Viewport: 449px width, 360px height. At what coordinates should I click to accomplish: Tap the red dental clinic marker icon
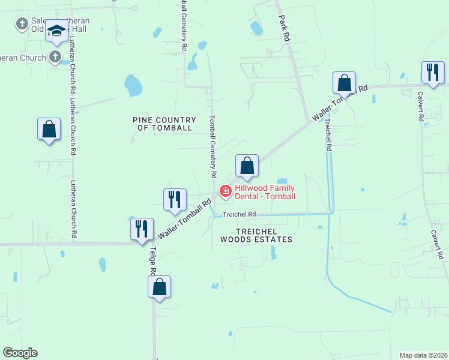point(226,191)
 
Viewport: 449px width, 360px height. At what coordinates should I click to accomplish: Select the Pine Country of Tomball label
point(162,124)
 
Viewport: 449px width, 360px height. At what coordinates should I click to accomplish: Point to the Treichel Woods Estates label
point(256,235)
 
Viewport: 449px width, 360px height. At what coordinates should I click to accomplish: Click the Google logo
point(20,353)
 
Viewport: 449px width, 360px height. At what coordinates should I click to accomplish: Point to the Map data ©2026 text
point(424,355)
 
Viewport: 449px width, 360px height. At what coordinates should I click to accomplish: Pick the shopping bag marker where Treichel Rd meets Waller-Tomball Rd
point(345,83)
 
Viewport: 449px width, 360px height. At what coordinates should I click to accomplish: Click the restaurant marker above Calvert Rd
point(432,73)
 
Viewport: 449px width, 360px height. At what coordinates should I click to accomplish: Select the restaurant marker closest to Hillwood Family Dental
point(175,200)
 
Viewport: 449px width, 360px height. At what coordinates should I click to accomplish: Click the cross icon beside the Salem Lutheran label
point(22,24)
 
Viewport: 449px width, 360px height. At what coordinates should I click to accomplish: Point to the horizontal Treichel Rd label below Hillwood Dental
point(240,214)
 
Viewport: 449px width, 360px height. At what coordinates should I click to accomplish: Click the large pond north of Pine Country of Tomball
point(133,85)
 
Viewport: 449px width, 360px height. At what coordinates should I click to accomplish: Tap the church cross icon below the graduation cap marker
point(55,58)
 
